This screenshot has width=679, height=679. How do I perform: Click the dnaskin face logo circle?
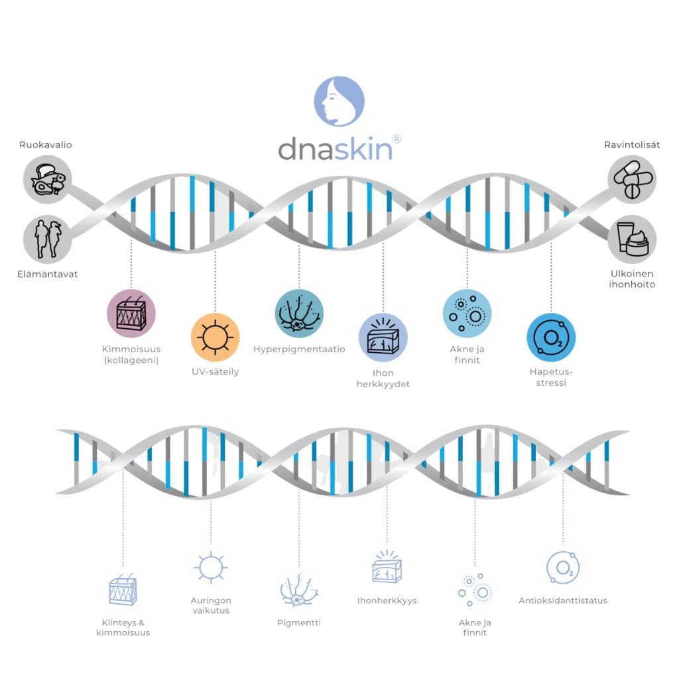pos(339,101)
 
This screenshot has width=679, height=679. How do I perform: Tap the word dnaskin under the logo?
pos(335,149)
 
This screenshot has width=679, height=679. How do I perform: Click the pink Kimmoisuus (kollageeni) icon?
pos(131,314)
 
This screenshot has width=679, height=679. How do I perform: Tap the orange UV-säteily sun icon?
pos(215,337)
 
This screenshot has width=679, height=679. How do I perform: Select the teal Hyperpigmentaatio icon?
pos(299,314)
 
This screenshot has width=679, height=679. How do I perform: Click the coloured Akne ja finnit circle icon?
pos(467,314)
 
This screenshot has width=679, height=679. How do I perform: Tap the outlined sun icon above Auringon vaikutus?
pos(210,568)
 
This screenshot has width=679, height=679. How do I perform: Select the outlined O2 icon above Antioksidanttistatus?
pos(564,568)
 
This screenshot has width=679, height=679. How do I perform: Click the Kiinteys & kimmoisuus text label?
pos(123,627)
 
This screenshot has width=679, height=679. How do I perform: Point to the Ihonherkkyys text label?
pos(387,601)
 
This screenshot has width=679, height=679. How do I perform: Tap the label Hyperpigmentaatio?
pos(299,349)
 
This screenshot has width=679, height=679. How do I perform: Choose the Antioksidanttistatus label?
pos(563,601)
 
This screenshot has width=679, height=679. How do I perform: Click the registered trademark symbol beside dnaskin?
pos(397,139)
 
